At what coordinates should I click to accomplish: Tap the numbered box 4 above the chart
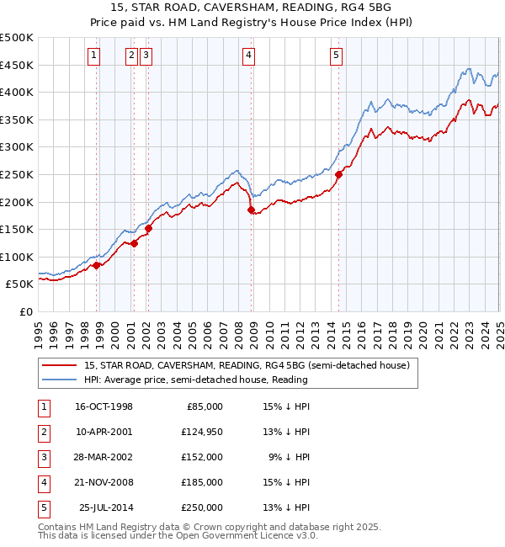pyautogui.click(x=249, y=56)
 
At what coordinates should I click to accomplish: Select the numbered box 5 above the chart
pyautogui.click(x=336, y=56)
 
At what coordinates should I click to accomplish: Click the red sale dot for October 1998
pyautogui.click(x=97, y=265)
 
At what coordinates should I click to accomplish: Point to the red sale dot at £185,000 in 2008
pyautogui.click(x=251, y=210)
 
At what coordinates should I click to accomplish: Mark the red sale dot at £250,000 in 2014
pyautogui.click(x=338, y=175)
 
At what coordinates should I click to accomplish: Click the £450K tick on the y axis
pyautogui.click(x=17, y=65)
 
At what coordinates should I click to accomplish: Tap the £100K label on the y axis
pyautogui.click(x=17, y=257)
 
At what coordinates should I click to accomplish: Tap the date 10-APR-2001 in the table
pyautogui.click(x=104, y=433)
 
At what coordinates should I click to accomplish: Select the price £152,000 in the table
pyautogui.click(x=201, y=457)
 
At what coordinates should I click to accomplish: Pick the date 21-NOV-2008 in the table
pyautogui.click(x=104, y=482)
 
